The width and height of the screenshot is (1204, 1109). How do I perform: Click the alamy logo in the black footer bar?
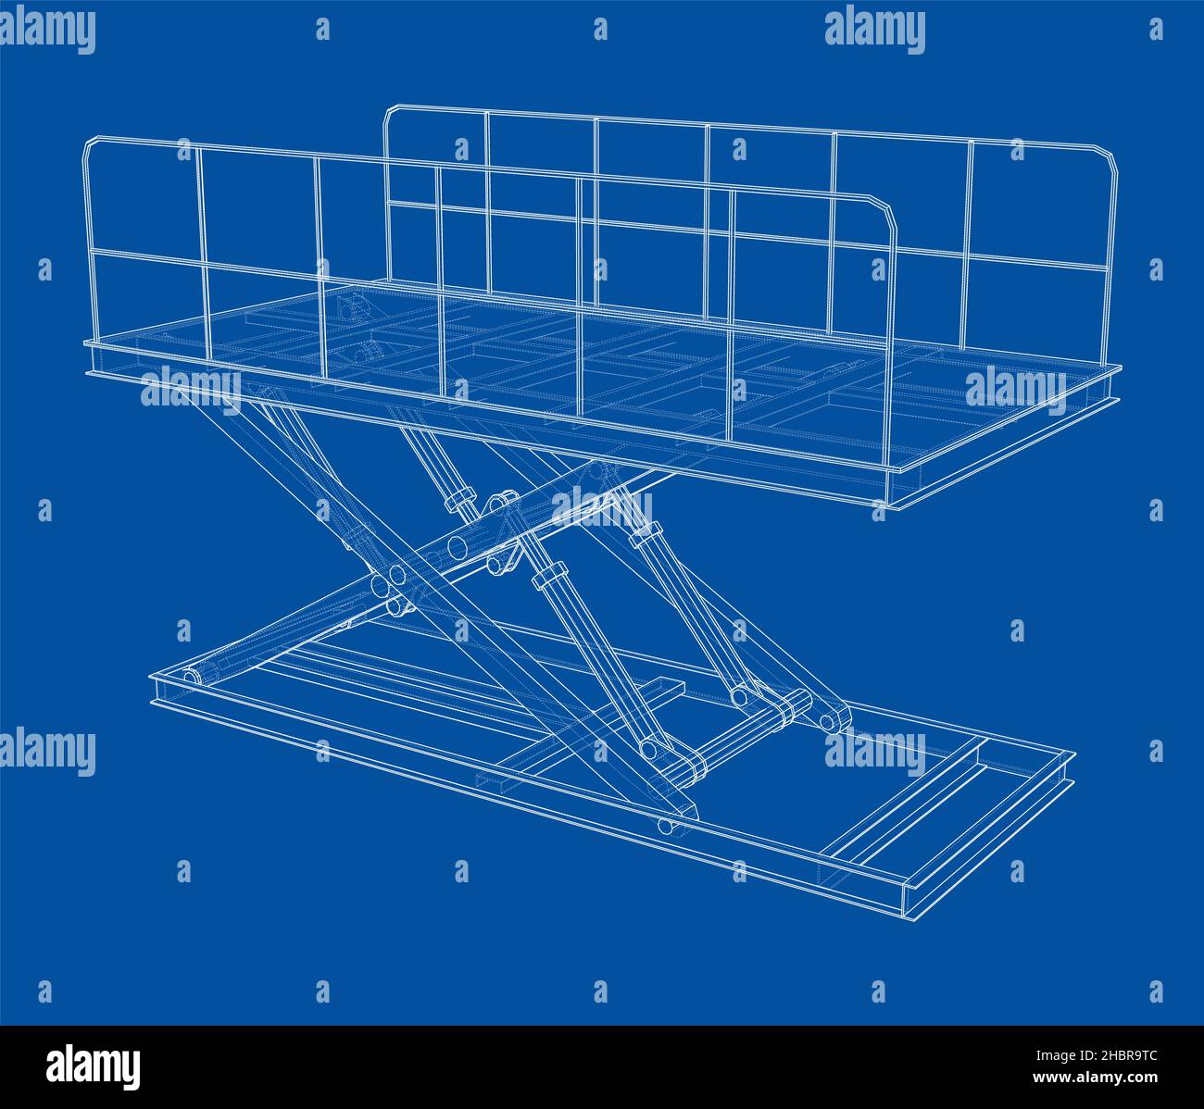(x=94, y=1066)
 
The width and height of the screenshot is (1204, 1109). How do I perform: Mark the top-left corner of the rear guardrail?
(x=392, y=112)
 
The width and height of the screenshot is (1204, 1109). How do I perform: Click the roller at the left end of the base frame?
(x=192, y=678)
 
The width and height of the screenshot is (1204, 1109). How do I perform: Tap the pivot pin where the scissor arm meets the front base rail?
(x=665, y=825)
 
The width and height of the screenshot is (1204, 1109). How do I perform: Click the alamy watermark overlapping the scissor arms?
(x=601, y=507)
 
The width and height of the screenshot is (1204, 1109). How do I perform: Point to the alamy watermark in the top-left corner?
(x=48, y=31)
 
